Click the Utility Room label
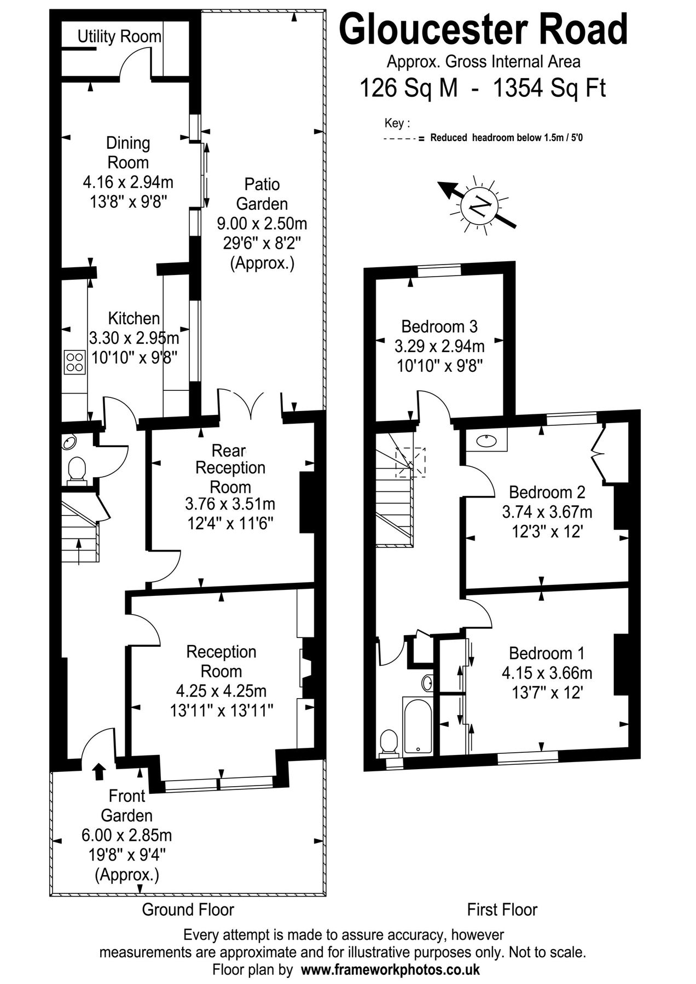(x=119, y=37)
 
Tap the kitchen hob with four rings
(x=76, y=361)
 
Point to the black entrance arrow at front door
(x=98, y=771)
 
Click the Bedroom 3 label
(x=439, y=326)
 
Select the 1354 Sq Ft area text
(x=549, y=87)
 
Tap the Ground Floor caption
(x=188, y=910)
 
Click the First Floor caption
(x=502, y=910)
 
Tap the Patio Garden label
(x=262, y=194)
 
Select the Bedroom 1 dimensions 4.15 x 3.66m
(x=547, y=673)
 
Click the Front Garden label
(x=127, y=805)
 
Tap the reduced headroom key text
(x=506, y=138)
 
